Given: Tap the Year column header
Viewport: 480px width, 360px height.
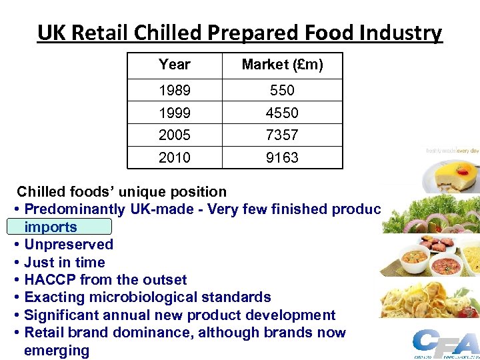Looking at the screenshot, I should (x=175, y=65).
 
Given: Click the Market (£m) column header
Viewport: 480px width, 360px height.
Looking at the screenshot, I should (x=282, y=65).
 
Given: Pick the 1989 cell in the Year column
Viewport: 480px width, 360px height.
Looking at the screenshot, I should (x=175, y=90).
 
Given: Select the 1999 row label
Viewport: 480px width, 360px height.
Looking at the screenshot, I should (x=175, y=113).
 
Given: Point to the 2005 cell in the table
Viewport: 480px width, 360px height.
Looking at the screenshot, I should (x=175, y=135).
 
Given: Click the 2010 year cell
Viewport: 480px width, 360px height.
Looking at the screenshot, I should (x=175, y=157).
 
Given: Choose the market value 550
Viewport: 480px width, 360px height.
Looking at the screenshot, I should (x=282, y=90).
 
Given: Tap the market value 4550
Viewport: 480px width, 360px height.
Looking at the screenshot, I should (x=282, y=113).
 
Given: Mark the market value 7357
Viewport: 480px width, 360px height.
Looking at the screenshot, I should (x=282, y=135).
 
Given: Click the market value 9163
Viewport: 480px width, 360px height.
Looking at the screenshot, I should (x=282, y=157).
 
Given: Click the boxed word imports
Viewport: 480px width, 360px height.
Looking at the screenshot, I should (x=51, y=227).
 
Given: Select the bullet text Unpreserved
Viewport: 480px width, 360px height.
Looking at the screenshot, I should (x=69, y=245).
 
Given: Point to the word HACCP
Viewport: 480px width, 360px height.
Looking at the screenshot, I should (x=49, y=280).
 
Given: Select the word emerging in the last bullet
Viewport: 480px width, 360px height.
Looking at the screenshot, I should (x=56, y=351).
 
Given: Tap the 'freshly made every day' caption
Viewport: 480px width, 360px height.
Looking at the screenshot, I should (x=452, y=151).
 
